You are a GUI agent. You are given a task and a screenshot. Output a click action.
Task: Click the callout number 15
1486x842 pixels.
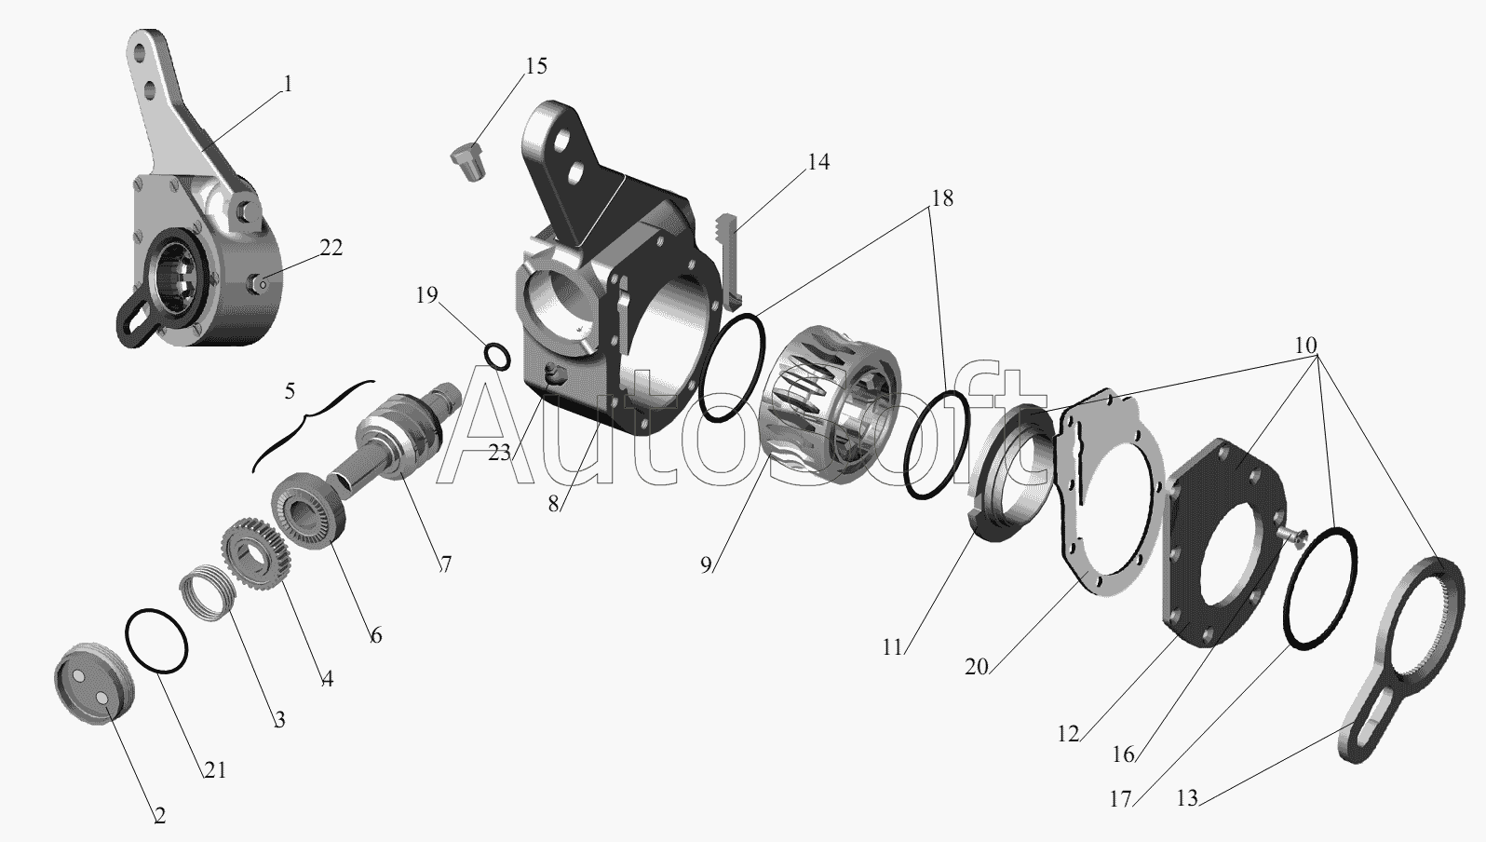pyautogui.click(x=536, y=66)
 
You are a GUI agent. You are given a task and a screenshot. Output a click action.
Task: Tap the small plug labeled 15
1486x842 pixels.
pyautogui.click(x=467, y=161)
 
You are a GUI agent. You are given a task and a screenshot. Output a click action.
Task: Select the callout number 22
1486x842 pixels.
pyautogui.click(x=331, y=248)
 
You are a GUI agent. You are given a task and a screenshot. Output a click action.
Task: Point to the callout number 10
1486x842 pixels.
pyautogui.click(x=1305, y=345)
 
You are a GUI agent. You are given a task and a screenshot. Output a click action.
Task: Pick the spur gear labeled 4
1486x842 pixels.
pyautogui.click(x=255, y=552)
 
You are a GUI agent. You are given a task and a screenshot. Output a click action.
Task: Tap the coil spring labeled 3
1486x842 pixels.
pyautogui.click(x=209, y=592)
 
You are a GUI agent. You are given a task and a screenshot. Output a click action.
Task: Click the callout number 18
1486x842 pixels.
pyautogui.click(x=942, y=197)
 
